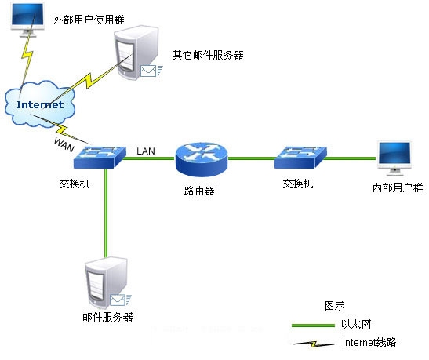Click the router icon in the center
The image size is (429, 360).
point(201,159)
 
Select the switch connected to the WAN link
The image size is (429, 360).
point(98,157)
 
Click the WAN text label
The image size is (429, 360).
point(65,143)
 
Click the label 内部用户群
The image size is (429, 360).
point(397,189)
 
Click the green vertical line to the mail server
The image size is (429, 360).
point(104,212)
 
